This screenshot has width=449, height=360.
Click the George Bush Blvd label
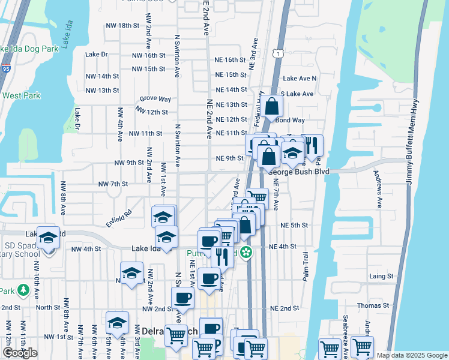point(300,171)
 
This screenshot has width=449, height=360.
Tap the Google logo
point(20,353)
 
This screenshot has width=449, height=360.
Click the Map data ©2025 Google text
point(412,355)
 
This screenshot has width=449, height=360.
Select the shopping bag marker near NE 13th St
point(272,107)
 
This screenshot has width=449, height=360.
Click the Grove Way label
point(155,98)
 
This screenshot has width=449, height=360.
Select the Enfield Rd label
point(119,215)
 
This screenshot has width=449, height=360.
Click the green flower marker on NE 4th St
point(246,253)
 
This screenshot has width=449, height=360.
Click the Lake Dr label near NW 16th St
point(96,54)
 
